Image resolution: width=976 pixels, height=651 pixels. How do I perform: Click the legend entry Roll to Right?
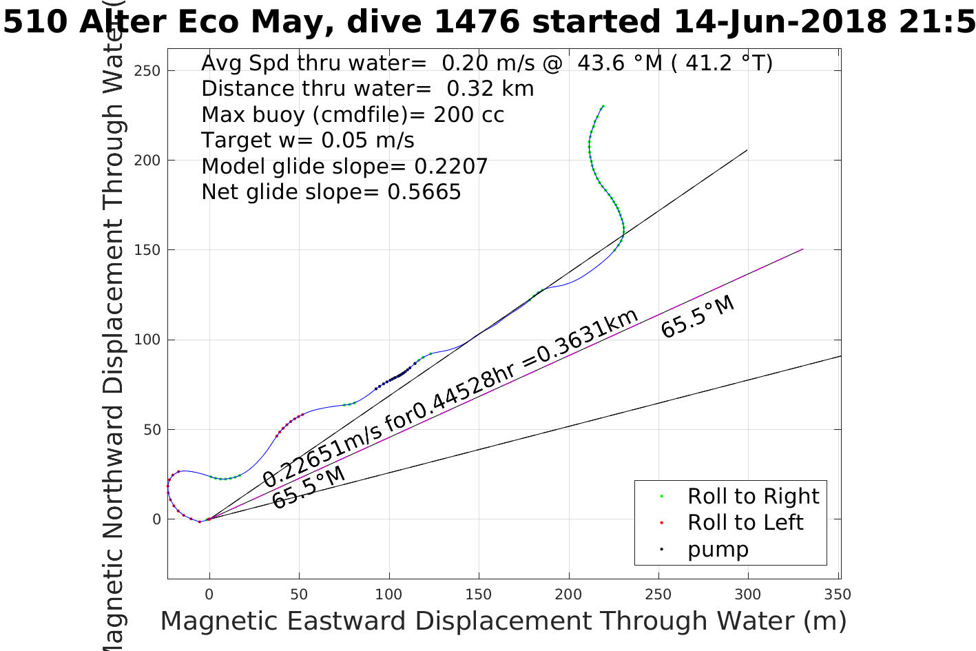pos(753,496)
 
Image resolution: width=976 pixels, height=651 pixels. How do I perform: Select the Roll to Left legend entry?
pos(745,522)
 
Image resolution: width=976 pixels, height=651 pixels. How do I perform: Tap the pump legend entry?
pos(718,549)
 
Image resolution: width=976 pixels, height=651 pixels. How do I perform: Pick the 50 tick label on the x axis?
pos(299,595)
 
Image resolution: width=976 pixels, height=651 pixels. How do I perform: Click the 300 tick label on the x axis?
pos(748,595)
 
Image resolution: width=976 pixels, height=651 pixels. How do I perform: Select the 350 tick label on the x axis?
pos(837,595)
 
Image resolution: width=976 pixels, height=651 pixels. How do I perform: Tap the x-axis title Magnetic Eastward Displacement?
pos(503,621)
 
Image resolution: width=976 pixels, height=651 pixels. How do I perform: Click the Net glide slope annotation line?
pos(331,192)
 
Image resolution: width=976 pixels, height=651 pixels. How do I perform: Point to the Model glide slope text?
pos(344,166)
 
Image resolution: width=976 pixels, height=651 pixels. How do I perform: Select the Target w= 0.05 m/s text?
pos(307,141)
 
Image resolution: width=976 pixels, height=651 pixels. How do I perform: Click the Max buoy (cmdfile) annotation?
pos(353,114)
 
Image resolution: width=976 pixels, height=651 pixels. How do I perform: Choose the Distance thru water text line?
pos(367,89)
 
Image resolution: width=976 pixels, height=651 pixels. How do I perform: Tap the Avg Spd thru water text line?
pos(486,63)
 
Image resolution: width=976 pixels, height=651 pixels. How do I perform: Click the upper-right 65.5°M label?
pos(698,317)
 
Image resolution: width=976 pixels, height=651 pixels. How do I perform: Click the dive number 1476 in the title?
pos(477,22)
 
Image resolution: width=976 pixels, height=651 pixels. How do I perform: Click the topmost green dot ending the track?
pos(603,106)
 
